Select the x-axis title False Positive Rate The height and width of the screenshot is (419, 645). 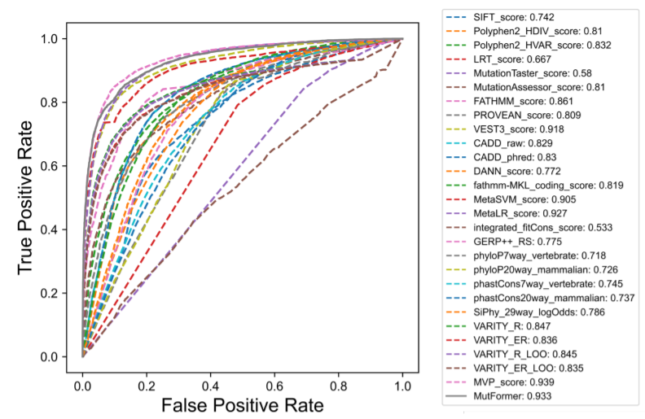tap(243, 404)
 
